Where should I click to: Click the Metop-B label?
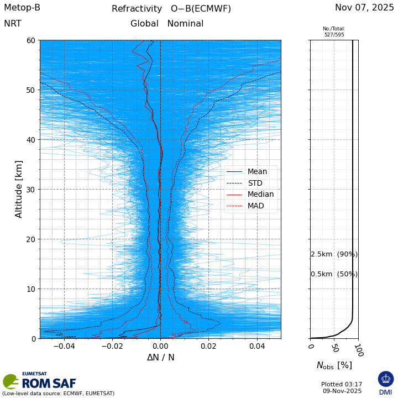pos(22,8)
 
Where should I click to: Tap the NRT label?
pos(13,24)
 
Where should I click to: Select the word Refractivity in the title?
pos(137,9)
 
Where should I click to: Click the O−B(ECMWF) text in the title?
pos(201,9)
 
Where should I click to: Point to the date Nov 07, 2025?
pos(364,8)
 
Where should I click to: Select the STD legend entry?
pos(255,183)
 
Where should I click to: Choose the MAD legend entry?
pos(255,206)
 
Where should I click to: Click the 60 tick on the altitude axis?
pos(31,40)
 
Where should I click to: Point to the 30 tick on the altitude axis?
pos(31,190)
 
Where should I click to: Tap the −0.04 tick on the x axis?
pos(64,346)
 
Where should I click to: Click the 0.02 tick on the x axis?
pos(208,346)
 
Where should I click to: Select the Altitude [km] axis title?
pos(19,189)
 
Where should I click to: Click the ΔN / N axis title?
pos(160,358)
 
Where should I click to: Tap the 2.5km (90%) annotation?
pos(334,254)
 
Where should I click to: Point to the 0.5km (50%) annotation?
pos(334,274)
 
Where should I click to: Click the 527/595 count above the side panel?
pos(334,35)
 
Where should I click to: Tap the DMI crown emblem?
pos(386,379)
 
